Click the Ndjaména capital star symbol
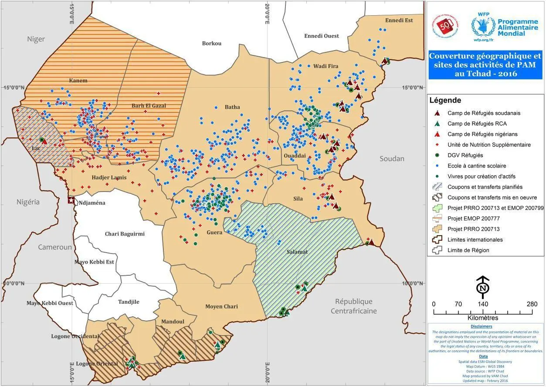[x=71, y=200]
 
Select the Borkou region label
[x=212, y=43]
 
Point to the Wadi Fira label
[x=326, y=66]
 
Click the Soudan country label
[x=392, y=159]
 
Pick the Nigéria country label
[x=28, y=202]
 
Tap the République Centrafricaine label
[x=353, y=306]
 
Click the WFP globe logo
[x=482, y=26]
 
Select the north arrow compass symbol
[x=482, y=285]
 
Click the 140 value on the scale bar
[x=482, y=304]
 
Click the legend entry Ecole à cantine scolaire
[x=477, y=166]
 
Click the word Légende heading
[x=445, y=100]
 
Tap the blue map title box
[x=485, y=65]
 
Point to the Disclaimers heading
[x=482, y=326]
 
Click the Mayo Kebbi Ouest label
[x=50, y=303]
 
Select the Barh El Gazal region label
[x=149, y=106]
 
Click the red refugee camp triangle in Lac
[x=44, y=142]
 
